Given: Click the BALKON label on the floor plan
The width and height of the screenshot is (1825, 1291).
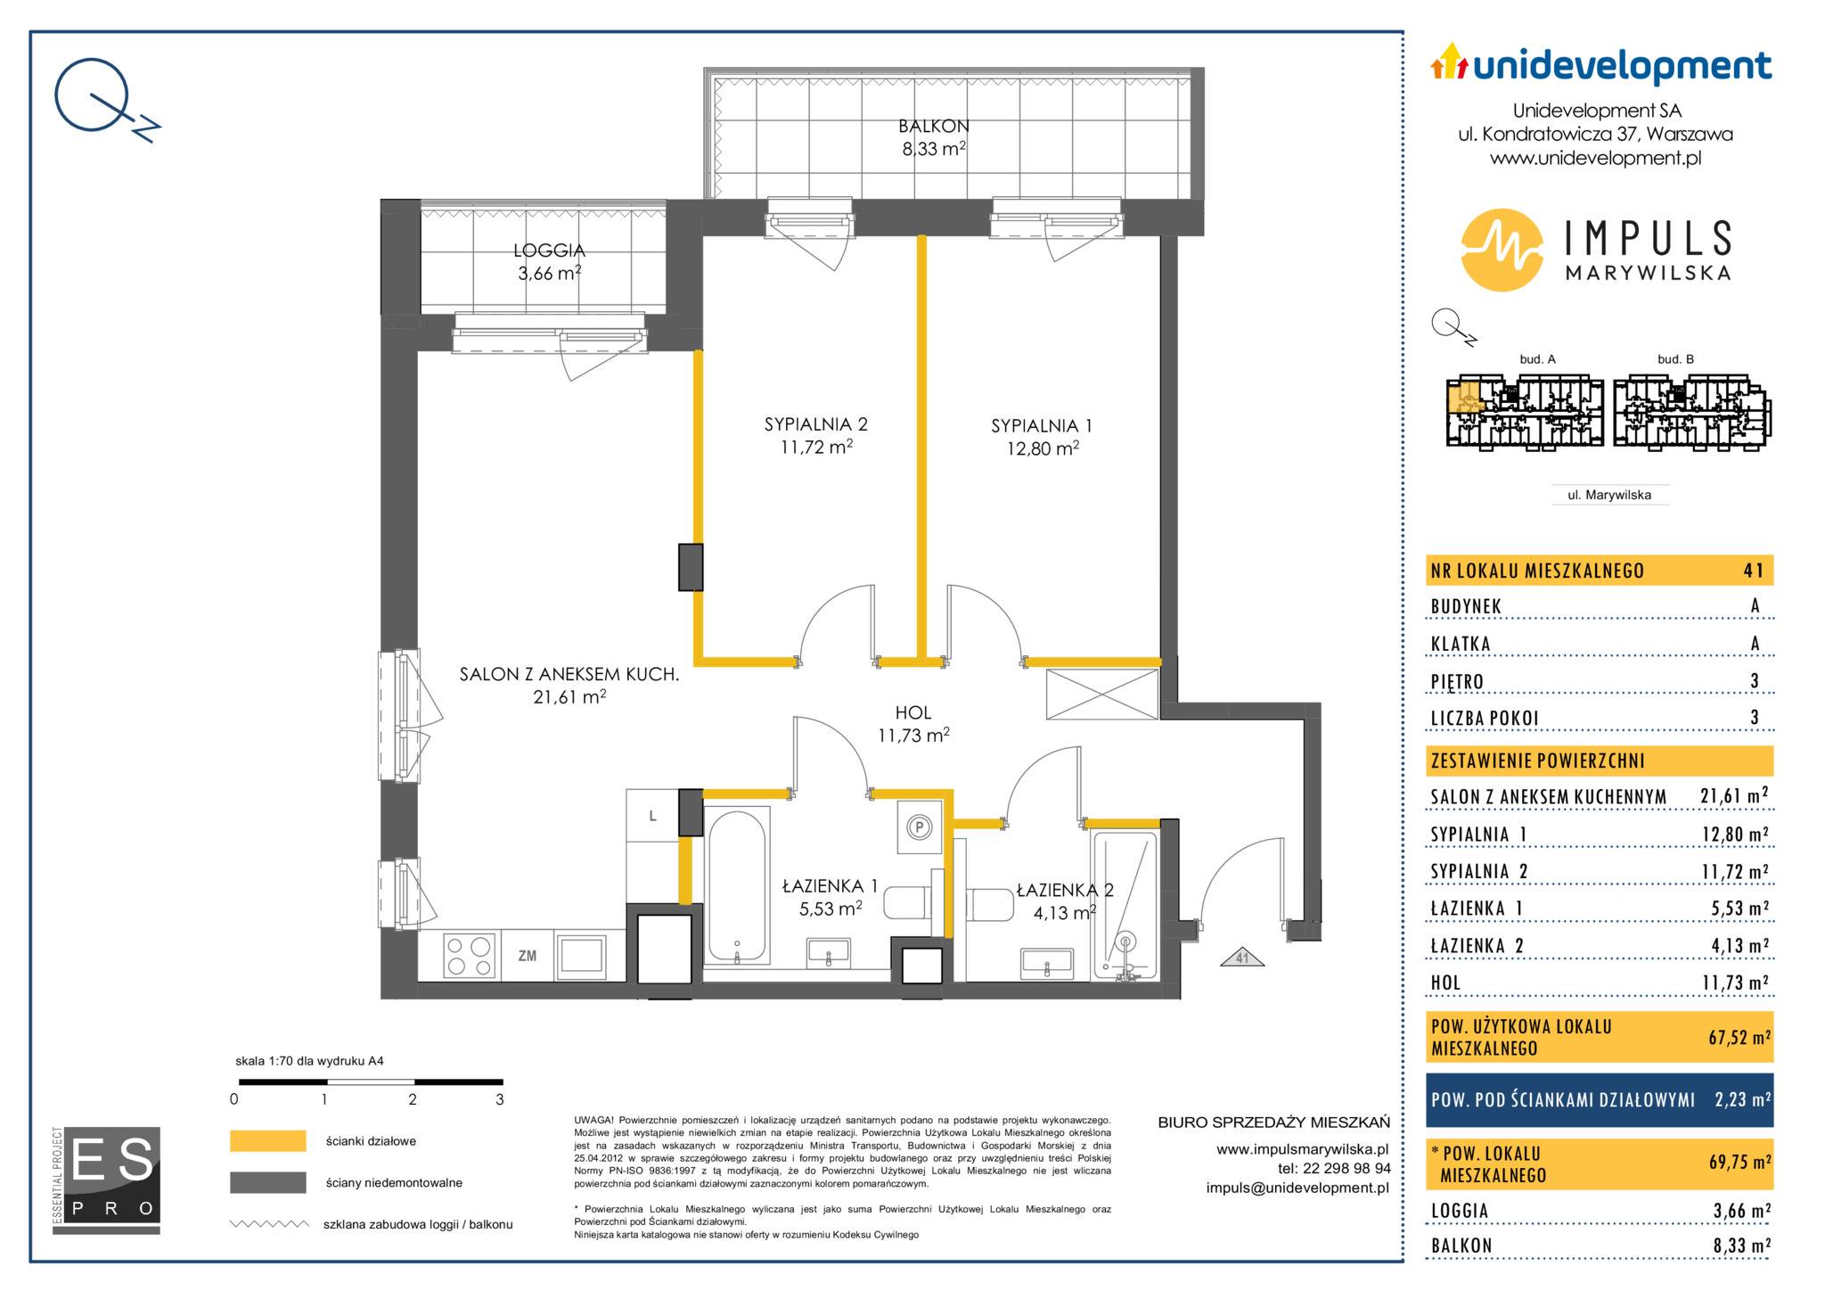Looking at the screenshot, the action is click(934, 127).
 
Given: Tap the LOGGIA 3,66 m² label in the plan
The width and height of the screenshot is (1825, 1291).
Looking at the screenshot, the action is click(551, 262).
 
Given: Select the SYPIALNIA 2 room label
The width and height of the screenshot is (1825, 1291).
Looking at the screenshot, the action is click(815, 425).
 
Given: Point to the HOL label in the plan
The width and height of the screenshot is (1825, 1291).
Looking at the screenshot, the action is click(913, 712).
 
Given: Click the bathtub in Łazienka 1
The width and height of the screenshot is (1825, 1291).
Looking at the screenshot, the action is click(737, 885).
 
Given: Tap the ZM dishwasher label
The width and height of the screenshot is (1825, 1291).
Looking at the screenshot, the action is click(528, 956).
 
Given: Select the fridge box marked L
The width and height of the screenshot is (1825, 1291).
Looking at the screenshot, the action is click(652, 816).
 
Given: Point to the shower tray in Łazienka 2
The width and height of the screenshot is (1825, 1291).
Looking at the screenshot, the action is click(1125, 908).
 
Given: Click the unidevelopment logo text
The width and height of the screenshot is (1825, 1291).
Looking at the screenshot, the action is click(1622, 66).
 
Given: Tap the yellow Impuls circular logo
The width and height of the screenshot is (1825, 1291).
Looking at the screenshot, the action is click(1502, 251).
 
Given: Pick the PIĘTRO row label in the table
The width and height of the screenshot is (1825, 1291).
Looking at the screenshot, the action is click(1457, 682).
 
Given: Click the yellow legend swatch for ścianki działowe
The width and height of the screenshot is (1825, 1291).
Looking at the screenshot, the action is click(268, 1141).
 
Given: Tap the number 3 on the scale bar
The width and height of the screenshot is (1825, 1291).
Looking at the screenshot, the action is click(500, 1100).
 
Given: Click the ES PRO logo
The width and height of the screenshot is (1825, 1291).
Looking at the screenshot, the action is click(107, 1180).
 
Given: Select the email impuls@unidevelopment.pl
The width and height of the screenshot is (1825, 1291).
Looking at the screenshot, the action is click(1297, 1188).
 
